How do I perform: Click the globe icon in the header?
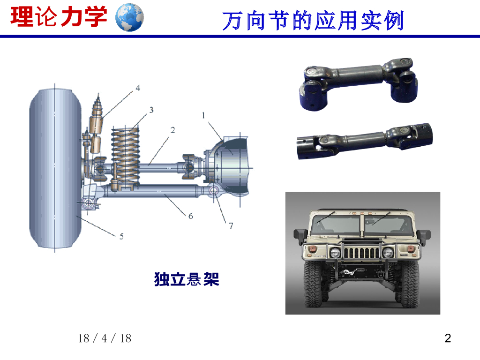pos(129,17)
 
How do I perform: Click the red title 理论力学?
pos(59,16)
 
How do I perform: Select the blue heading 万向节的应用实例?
pos(313,21)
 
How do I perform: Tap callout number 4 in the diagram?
pos(138,88)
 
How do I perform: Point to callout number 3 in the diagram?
pos(151,110)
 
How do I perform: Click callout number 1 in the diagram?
pos(203,115)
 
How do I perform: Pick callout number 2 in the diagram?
pos(172,130)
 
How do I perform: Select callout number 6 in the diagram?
pos(190,216)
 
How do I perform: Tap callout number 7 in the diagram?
pos(231,225)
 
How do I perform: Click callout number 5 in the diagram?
pos(121,236)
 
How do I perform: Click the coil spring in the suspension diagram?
pos(126,157)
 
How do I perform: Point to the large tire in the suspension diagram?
pos(55,168)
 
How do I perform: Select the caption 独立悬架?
pos(187,279)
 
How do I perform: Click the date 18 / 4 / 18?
pos(105,338)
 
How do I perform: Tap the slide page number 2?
pos(448,338)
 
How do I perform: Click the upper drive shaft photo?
pos(358,83)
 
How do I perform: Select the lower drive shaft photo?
pos(364,141)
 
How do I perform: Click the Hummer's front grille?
pos(361,253)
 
